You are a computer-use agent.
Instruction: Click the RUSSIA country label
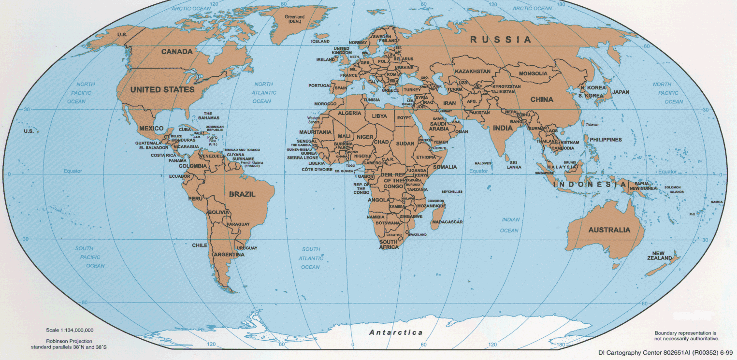pos(501,40)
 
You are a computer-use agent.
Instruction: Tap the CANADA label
pos(177,52)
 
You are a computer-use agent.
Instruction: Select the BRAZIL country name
pos(242,194)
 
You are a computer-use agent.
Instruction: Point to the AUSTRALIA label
pos(609,230)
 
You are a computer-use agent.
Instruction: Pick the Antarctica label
pos(396,332)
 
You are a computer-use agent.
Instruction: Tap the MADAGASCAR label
pos(447,222)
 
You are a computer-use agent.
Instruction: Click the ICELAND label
pos(320,42)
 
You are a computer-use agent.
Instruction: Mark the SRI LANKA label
pos(514,165)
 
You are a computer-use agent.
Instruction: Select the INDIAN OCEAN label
pos(510,225)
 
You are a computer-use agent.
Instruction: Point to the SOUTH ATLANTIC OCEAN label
pos(311,258)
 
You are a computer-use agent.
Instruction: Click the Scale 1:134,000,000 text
pos(70,330)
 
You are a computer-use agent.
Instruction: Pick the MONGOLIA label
pos(533,73)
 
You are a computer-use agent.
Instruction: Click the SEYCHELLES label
pos(452,192)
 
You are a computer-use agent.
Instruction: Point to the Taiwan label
pos(592,125)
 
